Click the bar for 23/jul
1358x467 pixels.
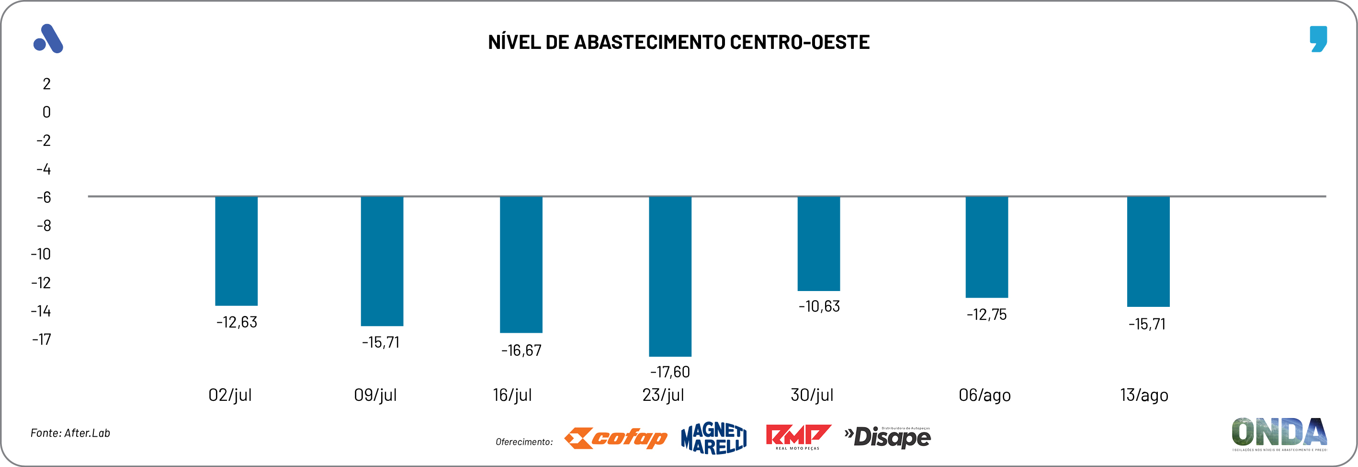669,276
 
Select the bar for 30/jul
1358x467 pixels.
818,243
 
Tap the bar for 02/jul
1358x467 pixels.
236,251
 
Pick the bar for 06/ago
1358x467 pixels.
986,247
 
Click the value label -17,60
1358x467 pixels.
669,372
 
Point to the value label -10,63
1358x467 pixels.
819,306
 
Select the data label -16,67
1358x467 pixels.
521,350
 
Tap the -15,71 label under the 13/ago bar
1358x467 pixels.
1147,324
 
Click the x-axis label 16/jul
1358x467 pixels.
512,395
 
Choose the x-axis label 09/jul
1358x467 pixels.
375,395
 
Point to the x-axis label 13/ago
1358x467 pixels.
1143,395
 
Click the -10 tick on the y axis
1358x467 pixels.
41,254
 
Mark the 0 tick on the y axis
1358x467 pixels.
46,112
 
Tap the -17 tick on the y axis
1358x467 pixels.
41,339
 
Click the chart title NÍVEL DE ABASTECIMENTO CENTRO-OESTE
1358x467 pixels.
679,42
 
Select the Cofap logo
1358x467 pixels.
615,438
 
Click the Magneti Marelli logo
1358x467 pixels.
713,438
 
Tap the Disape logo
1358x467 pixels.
888,437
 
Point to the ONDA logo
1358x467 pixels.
1279,434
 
